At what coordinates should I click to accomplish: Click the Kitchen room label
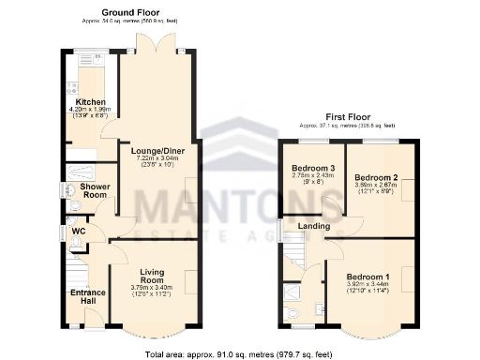click(x=90, y=102)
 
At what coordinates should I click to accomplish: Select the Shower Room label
click(x=95, y=191)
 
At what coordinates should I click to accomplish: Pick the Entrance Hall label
click(x=87, y=295)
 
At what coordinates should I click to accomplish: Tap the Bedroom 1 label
click(x=368, y=277)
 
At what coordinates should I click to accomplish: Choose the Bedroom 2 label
click(x=375, y=176)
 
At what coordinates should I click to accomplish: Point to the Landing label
click(x=315, y=226)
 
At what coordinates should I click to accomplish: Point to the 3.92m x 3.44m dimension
click(x=369, y=288)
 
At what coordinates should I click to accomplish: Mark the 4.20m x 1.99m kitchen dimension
click(x=91, y=110)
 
